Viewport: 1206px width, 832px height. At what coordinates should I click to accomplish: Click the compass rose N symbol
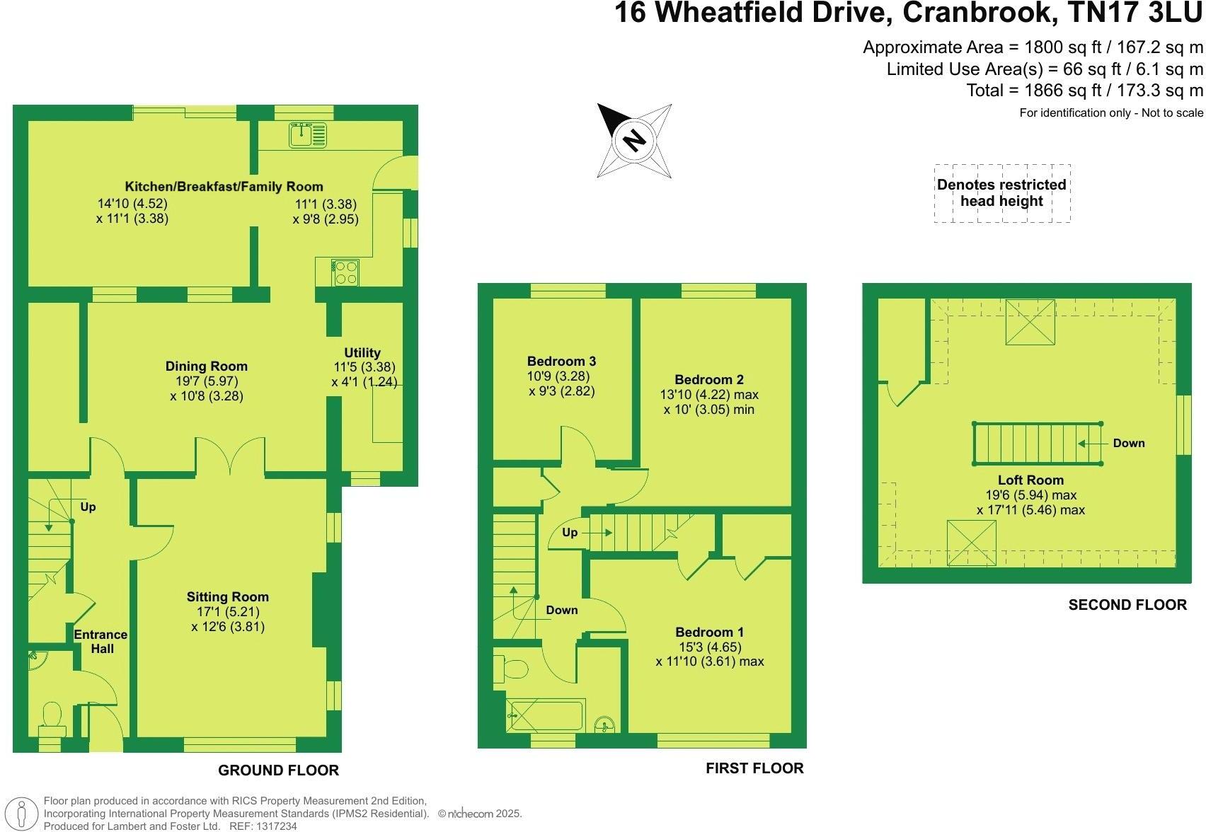(x=634, y=140)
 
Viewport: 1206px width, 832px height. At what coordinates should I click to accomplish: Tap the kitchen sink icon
(x=309, y=134)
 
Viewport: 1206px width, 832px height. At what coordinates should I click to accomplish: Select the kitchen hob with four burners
(x=346, y=272)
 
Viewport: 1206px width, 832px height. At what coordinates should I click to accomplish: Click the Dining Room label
(x=207, y=366)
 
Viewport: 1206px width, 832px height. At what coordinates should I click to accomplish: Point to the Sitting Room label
(x=228, y=596)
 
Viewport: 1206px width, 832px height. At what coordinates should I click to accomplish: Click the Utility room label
(x=362, y=352)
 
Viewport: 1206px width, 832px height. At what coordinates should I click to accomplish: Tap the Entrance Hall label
(x=101, y=642)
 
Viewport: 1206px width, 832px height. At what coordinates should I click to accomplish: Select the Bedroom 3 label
(x=561, y=361)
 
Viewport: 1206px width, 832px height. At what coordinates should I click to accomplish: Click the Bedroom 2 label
(x=709, y=379)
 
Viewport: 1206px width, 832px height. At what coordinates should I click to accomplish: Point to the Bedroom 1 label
(x=709, y=632)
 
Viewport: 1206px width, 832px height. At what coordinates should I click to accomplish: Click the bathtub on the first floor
(x=545, y=715)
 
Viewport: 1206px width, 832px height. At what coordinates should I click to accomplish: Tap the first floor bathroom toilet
(x=514, y=668)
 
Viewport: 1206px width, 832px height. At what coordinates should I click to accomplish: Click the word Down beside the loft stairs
(x=1128, y=443)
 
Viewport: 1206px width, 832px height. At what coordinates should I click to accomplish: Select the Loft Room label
(x=1030, y=480)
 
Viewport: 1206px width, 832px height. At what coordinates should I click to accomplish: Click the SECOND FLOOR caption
(x=1127, y=605)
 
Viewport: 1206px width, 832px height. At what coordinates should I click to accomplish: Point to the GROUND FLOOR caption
(x=278, y=770)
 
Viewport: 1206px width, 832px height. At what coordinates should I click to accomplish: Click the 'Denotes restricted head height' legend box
(x=1001, y=193)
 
